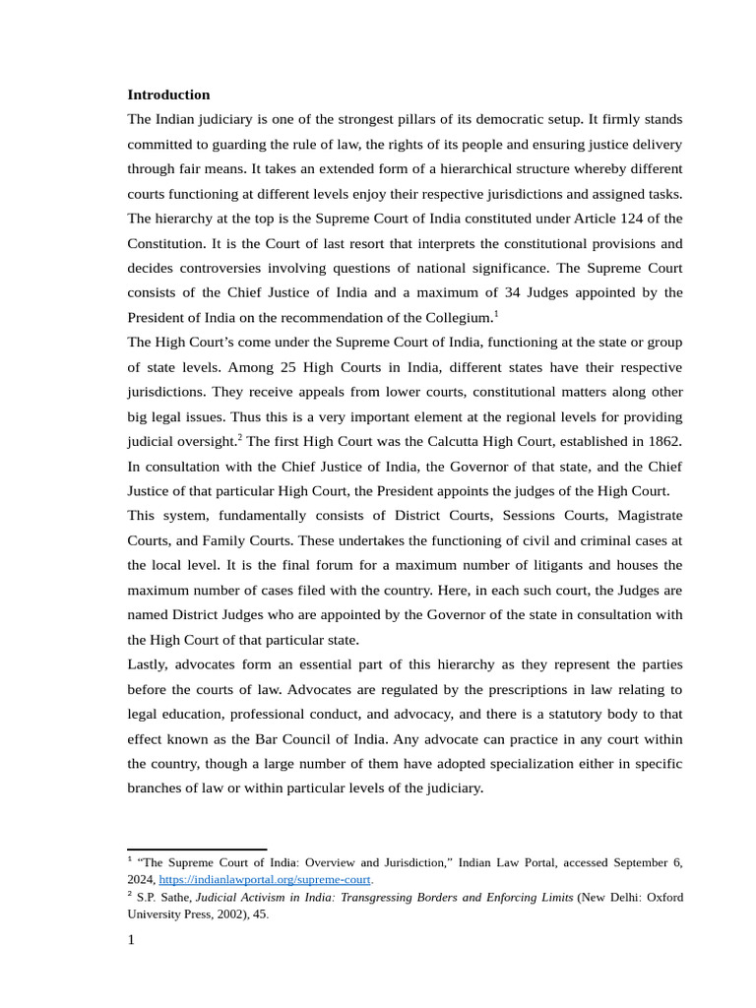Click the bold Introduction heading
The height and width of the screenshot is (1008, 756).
[x=168, y=94]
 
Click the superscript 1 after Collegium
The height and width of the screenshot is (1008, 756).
[x=496, y=314]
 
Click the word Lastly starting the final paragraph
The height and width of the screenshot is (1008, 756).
[x=150, y=664]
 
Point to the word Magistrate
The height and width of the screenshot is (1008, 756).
[x=643, y=516]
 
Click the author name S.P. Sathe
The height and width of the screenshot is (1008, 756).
[x=163, y=897]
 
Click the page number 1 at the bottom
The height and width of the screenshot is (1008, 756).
[x=132, y=939]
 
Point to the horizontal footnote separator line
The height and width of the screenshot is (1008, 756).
[x=197, y=849]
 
